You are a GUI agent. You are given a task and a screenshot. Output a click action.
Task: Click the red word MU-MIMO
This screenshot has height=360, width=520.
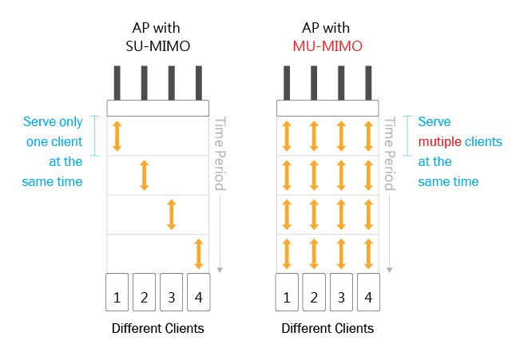point(327,46)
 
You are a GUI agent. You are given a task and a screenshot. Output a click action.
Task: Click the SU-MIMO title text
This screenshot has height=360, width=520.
point(158,46)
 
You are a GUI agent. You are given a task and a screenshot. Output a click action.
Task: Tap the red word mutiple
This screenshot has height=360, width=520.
point(440,142)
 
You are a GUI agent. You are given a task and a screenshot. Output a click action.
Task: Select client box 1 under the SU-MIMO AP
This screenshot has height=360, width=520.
point(117,292)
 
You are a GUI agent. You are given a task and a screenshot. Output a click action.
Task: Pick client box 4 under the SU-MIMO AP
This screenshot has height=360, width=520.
point(199,292)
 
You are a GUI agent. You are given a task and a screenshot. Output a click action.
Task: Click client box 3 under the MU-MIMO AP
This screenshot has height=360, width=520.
point(341,292)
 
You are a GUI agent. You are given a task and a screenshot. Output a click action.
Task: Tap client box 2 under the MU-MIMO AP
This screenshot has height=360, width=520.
point(314,292)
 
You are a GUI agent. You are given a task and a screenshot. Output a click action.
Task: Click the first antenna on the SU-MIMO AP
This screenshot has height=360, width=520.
point(117,83)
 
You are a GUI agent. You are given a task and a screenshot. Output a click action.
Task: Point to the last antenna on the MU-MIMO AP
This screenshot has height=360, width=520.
point(368,83)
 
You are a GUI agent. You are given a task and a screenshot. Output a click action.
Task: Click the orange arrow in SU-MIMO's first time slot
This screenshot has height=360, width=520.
point(117,136)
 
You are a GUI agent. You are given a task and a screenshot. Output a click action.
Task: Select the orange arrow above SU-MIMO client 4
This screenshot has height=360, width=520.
point(199,254)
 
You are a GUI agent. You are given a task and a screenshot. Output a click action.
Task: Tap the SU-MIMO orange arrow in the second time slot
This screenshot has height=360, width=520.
point(145,176)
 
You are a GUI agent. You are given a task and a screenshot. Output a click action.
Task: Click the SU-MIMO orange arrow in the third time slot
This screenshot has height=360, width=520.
point(172,215)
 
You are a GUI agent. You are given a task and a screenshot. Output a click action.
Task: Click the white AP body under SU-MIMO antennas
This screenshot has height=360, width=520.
point(158,108)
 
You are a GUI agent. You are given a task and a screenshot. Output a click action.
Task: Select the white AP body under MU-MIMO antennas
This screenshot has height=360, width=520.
point(327,108)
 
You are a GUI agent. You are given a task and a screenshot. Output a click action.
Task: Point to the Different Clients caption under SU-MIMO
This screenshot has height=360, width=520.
point(158,328)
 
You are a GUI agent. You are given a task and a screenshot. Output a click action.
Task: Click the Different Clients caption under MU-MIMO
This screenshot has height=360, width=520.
point(327,328)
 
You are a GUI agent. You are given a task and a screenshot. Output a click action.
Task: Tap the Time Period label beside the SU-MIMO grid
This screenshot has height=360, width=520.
point(220,153)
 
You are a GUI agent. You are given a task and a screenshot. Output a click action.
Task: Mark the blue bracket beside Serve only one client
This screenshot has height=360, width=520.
point(95,136)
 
